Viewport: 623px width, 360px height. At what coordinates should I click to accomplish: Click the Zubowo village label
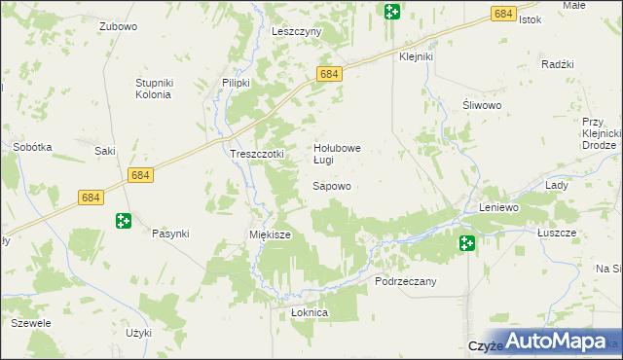click(x=118, y=27)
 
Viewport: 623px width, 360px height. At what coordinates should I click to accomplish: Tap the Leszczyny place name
click(x=297, y=31)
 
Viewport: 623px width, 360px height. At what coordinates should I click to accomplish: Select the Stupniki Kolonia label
click(x=153, y=89)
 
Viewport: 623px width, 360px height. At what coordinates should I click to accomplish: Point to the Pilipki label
click(x=237, y=83)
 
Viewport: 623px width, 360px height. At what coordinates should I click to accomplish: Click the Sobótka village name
click(x=32, y=147)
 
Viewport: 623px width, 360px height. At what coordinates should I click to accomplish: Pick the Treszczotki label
click(x=256, y=154)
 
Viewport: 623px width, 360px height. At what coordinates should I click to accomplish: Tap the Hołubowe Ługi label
click(x=337, y=154)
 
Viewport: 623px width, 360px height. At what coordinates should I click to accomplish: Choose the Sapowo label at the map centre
click(x=331, y=185)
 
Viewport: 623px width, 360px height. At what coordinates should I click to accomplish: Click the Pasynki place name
click(x=170, y=234)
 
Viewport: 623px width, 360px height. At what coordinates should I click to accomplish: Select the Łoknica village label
click(x=310, y=313)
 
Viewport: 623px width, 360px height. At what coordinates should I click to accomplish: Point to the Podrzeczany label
click(x=406, y=281)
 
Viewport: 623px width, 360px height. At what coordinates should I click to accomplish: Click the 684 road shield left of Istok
click(x=503, y=14)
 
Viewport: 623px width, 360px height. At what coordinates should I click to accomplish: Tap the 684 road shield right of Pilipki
click(x=329, y=74)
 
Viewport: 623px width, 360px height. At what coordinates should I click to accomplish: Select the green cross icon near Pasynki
click(x=124, y=222)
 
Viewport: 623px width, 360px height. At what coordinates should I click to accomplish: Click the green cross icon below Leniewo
click(x=468, y=242)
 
